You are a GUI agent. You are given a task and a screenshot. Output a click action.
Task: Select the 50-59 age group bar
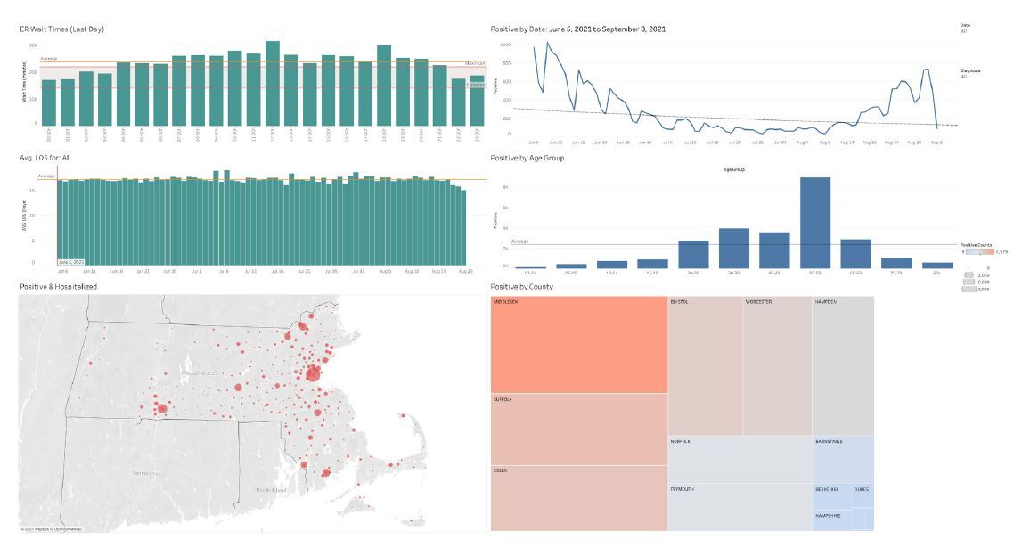coord(815,223)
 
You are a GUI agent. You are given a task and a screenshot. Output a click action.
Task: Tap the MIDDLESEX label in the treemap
coord(505,302)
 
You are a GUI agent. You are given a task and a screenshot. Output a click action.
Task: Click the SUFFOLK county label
coord(503,400)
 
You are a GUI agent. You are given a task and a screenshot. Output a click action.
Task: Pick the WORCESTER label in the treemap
coord(759,302)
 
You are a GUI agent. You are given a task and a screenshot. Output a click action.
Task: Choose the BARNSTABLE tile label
coord(829,441)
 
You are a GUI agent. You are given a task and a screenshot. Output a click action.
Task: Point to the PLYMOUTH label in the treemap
coord(683,489)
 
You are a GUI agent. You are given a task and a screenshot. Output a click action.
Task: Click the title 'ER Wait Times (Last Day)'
coord(61,29)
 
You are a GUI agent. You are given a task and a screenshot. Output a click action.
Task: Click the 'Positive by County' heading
coord(521,286)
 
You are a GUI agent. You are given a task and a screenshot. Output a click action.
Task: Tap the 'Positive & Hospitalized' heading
coord(58,286)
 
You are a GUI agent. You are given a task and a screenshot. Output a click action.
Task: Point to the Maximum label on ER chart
coord(474,62)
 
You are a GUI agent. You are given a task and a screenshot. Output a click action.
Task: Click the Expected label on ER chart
coord(475,85)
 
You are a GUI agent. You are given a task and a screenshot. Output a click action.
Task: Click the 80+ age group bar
coord(937,265)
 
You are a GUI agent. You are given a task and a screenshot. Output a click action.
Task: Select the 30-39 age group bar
coord(734,249)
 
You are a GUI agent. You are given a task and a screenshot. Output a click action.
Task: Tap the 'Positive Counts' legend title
coord(976,244)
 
